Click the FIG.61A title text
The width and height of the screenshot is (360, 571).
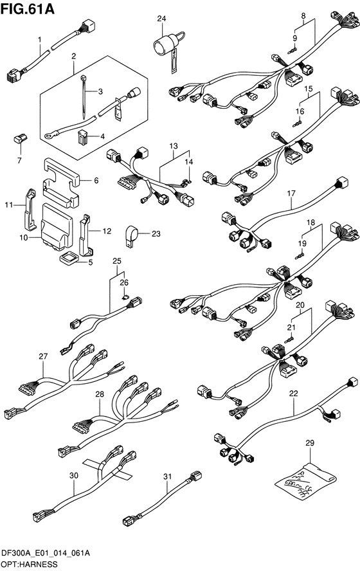[28, 9]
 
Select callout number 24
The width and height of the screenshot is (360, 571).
[161, 18]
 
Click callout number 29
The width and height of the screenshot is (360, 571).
[310, 443]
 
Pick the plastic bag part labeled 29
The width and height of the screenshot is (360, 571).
[305, 480]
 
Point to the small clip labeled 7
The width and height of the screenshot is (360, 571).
[21, 139]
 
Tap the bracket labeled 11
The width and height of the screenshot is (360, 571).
[30, 210]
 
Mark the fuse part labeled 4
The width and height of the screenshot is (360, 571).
[83, 137]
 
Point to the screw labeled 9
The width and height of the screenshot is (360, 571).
[292, 51]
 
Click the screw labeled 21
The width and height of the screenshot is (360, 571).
[289, 340]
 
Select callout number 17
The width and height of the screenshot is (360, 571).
[291, 194]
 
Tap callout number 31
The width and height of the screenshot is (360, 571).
[167, 476]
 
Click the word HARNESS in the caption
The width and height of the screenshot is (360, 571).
[40, 565]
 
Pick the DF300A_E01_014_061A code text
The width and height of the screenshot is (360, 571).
[46, 554]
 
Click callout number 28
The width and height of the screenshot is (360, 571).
[100, 394]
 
